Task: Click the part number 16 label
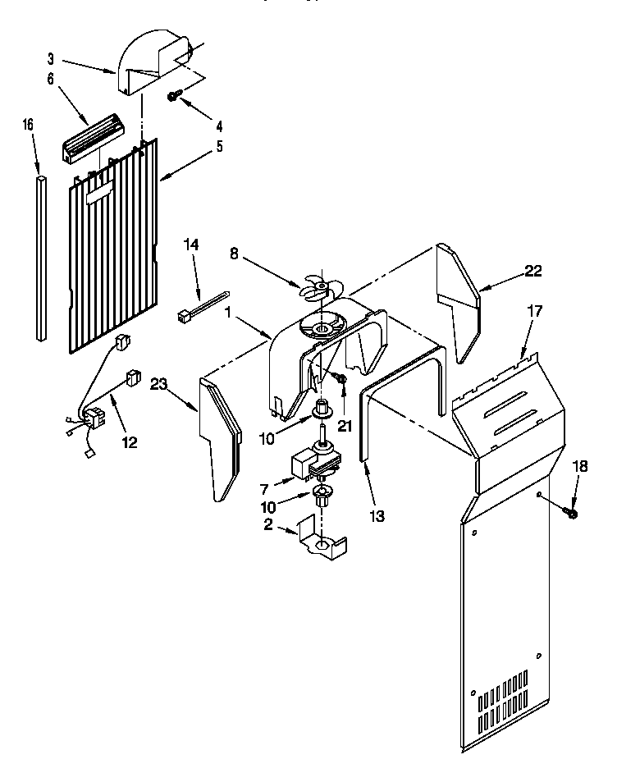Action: [x=27, y=125]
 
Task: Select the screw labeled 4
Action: [x=174, y=96]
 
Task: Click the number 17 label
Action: [x=535, y=311]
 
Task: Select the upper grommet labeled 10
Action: [x=322, y=406]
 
